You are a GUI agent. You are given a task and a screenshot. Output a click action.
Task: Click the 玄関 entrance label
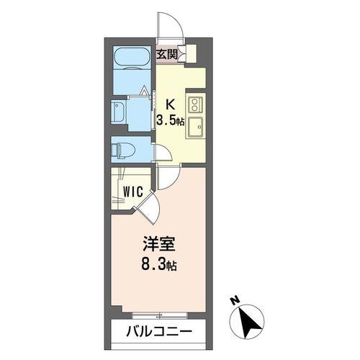(x=167, y=53)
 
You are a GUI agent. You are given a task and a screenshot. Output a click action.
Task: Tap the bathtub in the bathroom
(x=132, y=58)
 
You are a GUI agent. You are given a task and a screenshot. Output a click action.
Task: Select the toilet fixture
(x=122, y=149)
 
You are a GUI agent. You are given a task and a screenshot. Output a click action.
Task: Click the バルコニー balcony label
(x=160, y=333)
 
